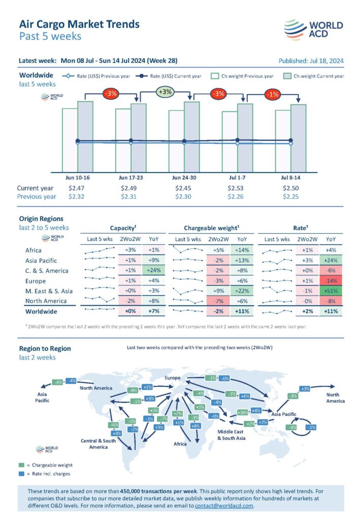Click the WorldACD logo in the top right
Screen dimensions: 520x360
(313, 29)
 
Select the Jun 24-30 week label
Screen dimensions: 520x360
(184, 178)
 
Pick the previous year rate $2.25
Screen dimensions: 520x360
(290, 197)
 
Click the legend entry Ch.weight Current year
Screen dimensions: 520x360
(312, 76)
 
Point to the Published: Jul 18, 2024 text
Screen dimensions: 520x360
(311, 61)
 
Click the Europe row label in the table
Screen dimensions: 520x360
(36, 281)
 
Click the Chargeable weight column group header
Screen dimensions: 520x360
(211, 228)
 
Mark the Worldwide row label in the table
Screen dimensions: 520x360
(41, 311)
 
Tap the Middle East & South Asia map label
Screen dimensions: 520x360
(232, 435)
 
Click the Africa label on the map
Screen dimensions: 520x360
(180, 444)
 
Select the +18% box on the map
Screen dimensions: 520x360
(243, 412)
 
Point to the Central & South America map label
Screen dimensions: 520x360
(99, 444)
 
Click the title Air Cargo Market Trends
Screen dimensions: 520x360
(79, 24)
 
